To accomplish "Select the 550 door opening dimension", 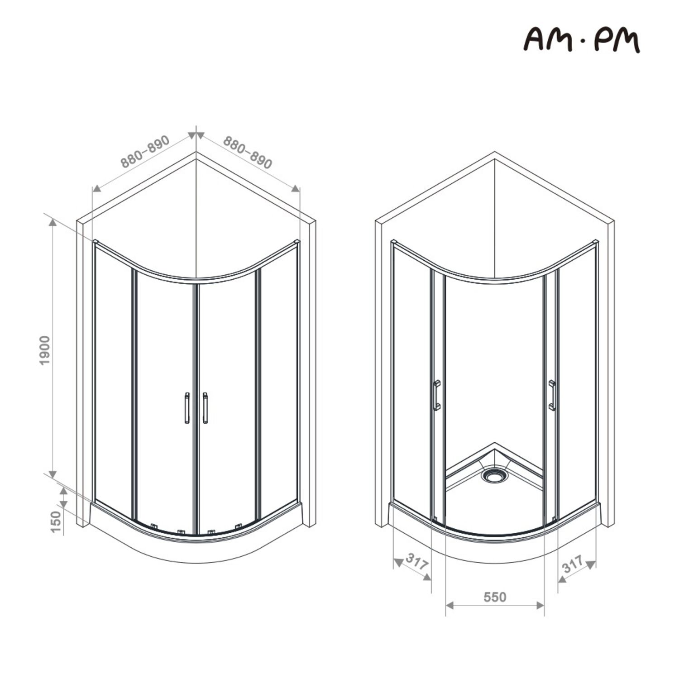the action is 495,597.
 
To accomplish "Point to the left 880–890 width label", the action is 145,151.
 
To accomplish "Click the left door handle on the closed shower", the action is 187,408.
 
